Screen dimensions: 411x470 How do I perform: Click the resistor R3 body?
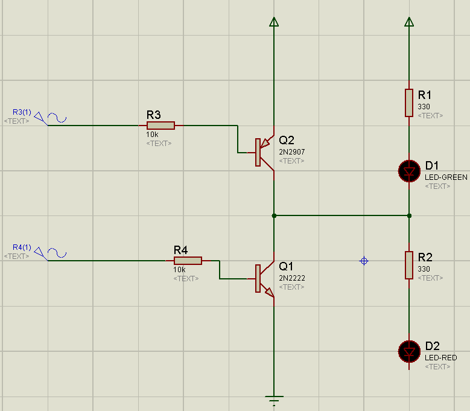pos(160,126)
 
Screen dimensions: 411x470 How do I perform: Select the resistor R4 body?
pos(188,261)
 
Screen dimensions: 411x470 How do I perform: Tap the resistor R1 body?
pos(409,103)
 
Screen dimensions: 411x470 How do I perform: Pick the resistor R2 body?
pos(409,266)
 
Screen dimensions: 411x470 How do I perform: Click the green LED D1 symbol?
pos(409,171)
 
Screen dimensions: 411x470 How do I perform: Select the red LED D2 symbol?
pos(409,351)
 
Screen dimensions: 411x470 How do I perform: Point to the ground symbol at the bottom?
pos(274,399)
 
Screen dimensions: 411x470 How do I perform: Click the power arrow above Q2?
pos(274,22)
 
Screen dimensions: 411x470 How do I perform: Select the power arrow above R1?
pos(409,22)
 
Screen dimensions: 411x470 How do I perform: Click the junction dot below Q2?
pos(274,215)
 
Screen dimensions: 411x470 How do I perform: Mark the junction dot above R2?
pos(409,215)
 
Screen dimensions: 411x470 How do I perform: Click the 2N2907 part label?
pos(292,151)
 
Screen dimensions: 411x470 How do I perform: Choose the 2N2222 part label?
pos(292,278)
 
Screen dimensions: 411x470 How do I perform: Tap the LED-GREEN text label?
pos(446,177)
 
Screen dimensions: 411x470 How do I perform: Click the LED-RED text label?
pos(440,358)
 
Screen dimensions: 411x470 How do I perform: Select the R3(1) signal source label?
pos(22,112)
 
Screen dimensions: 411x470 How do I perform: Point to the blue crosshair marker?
pos(364,261)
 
